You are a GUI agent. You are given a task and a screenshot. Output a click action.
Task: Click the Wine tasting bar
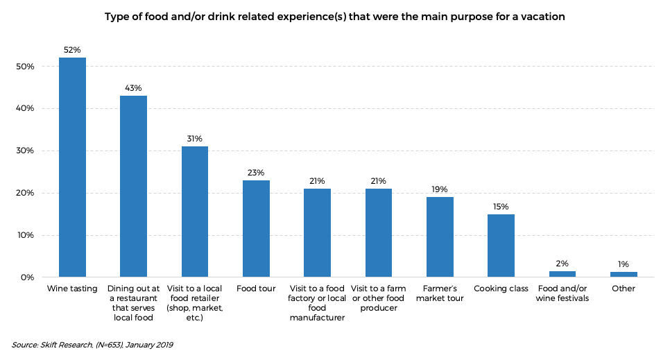(x=72, y=167)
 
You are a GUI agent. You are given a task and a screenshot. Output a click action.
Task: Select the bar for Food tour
(x=256, y=228)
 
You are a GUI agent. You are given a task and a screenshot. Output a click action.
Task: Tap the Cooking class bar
(x=501, y=246)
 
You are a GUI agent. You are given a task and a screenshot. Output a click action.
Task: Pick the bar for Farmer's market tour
(x=440, y=237)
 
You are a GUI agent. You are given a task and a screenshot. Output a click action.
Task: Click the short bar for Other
(x=624, y=274)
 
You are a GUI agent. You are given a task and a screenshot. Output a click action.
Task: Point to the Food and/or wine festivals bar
(x=562, y=273)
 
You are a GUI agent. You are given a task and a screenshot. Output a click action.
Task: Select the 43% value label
(x=133, y=88)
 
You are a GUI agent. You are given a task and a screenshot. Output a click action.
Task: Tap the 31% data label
(x=194, y=139)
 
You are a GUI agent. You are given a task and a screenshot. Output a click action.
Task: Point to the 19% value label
(x=440, y=189)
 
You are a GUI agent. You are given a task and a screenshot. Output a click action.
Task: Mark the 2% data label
(x=562, y=264)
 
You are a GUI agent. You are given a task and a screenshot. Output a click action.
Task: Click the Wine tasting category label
(x=72, y=289)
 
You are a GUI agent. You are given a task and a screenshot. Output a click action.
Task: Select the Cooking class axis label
(x=501, y=289)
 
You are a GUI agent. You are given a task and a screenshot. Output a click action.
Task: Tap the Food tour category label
(x=256, y=289)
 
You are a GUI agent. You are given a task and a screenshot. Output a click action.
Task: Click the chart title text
(x=334, y=17)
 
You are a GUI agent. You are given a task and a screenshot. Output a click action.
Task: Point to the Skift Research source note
(x=92, y=345)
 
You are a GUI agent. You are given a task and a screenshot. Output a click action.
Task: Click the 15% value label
(x=501, y=206)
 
